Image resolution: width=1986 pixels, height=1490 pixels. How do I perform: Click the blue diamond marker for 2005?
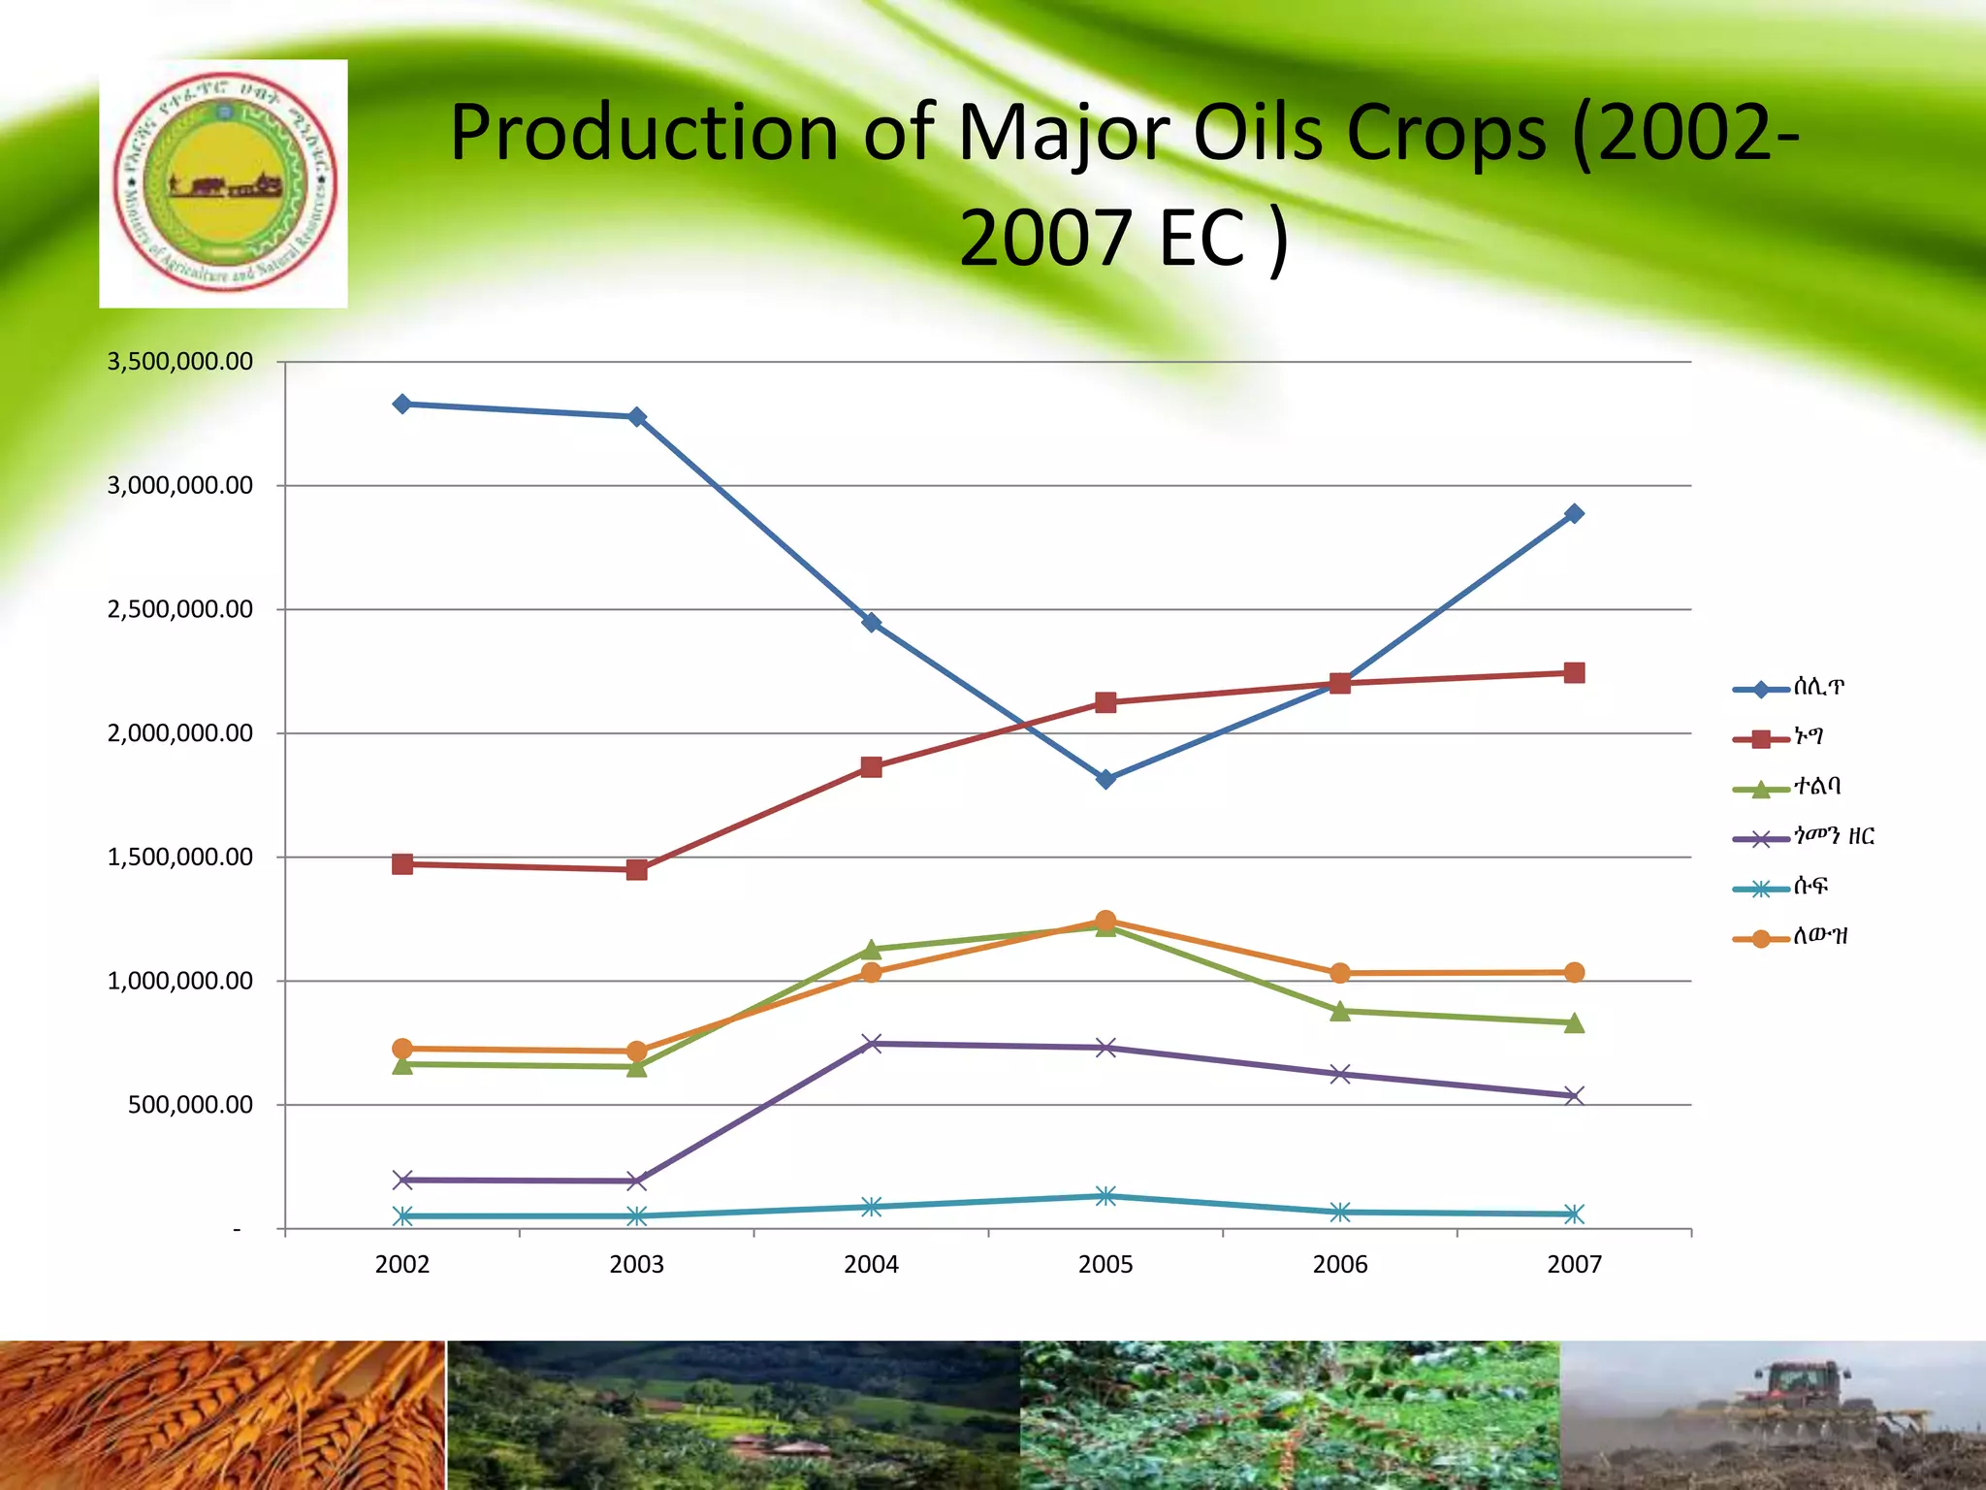(x=1105, y=779)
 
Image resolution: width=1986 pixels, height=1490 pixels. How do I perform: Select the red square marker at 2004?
(x=871, y=767)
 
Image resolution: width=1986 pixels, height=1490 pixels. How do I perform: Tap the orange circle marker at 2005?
(x=1105, y=920)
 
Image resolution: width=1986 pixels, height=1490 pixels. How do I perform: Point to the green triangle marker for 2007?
(x=1574, y=1023)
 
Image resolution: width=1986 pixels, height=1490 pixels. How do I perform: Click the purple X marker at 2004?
(x=871, y=1044)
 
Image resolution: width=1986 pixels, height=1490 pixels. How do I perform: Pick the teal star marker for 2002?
(x=402, y=1215)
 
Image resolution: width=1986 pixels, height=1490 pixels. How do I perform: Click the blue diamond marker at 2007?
(x=1574, y=513)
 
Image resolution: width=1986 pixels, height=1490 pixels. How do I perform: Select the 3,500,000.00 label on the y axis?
(x=179, y=362)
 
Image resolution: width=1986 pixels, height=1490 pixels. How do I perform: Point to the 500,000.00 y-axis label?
(x=190, y=1105)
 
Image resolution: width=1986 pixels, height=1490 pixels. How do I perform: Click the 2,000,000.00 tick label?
(x=179, y=733)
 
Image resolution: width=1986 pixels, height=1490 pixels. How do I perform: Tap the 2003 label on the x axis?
(x=636, y=1264)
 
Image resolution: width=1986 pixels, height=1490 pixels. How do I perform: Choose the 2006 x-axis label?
(x=1339, y=1264)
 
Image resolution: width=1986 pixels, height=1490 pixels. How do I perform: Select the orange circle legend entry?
(x=1789, y=937)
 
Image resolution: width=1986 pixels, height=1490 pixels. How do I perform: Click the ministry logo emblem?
(x=224, y=184)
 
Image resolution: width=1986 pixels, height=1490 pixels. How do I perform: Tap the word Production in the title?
(x=643, y=133)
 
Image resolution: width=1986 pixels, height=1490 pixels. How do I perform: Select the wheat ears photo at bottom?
(x=221, y=1415)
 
